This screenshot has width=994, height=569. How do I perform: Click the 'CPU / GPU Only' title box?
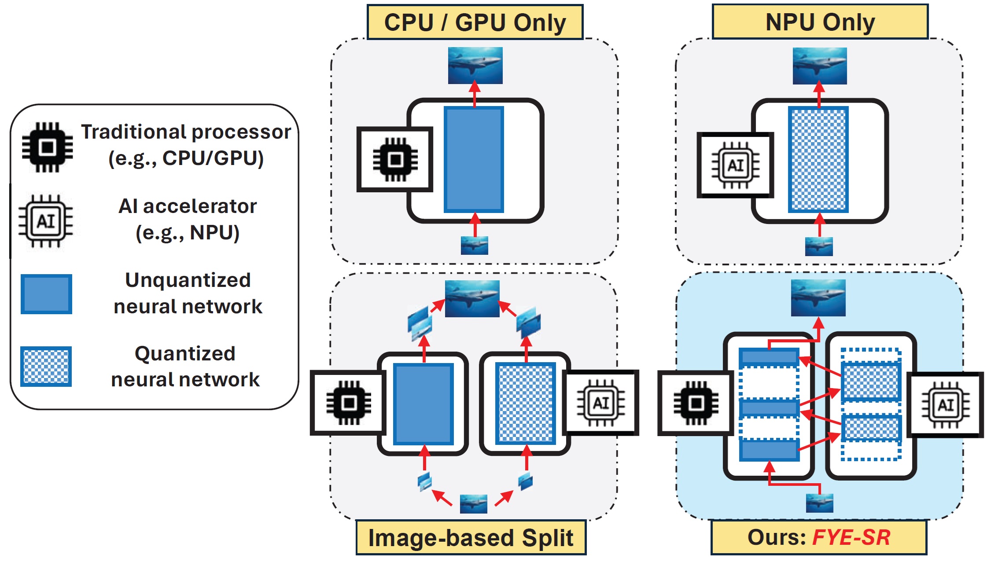click(475, 22)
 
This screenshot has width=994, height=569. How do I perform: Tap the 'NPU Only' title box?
click(820, 22)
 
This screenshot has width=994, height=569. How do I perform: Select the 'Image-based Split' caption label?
click(471, 537)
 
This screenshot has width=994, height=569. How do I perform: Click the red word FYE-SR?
click(851, 537)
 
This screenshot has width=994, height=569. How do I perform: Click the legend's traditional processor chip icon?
click(48, 147)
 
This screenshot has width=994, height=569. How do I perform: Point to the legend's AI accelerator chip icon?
click(46, 221)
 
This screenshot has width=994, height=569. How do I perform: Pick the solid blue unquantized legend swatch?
click(46, 294)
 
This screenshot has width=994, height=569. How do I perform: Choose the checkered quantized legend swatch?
click(46, 367)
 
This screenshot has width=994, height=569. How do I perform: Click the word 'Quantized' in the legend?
click(185, 353)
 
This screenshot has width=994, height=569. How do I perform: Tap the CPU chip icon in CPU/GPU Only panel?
click(395, 159)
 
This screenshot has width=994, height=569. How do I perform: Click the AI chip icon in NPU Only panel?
click(736, 165)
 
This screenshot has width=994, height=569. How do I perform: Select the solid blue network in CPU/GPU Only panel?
click(474, 159)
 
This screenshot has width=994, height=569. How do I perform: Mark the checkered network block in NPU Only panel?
click(818, 159)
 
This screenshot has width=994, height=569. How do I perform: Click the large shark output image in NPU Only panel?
click(820, 66)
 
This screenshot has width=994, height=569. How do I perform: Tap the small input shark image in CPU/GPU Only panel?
click(474, 246)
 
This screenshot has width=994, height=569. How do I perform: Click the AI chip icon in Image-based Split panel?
click(601, 403)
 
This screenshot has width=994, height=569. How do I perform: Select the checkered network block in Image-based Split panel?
click(526, 403)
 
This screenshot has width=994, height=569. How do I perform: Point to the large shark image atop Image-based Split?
click(472, 299)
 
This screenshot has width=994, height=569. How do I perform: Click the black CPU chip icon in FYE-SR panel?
click(696, 403)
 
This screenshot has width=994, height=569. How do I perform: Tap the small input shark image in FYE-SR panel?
click(819, 503)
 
